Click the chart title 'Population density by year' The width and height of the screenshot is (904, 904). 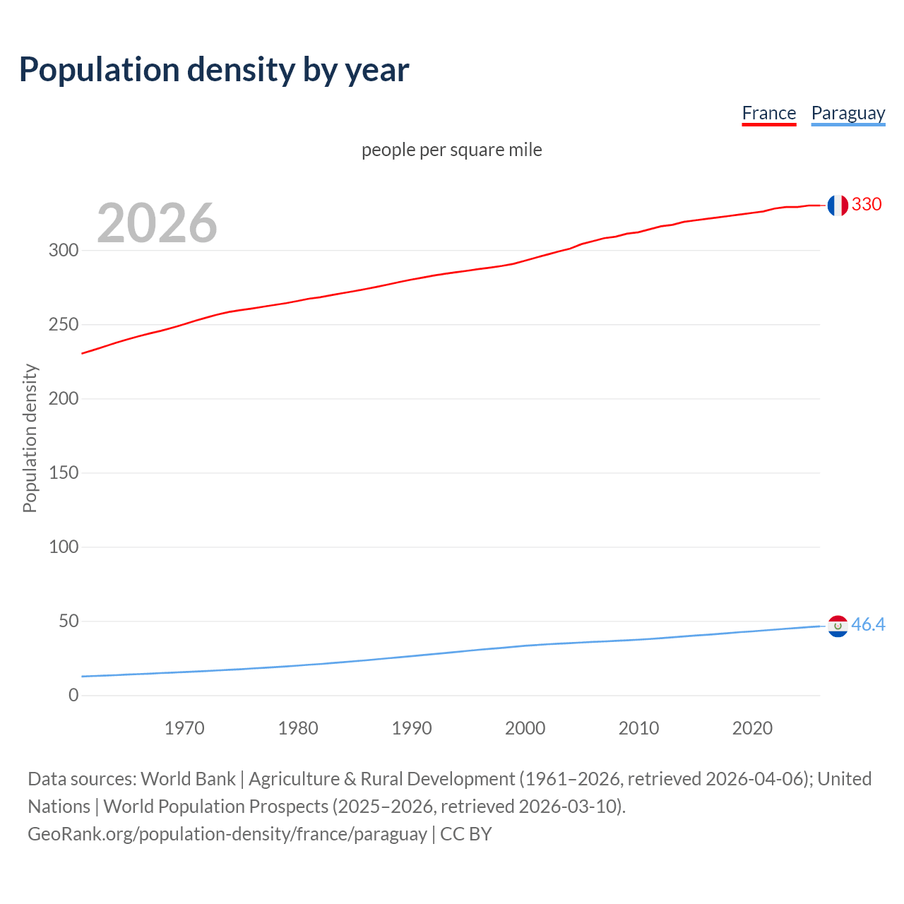tap(214, 69)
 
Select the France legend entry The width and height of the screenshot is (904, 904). tap(768, 113)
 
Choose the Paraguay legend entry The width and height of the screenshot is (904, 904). tap(847, 113)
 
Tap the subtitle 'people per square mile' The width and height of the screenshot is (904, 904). tap(451, 150)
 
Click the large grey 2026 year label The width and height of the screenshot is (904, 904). tap(157, 222)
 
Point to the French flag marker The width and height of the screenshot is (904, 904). tap(838, 205)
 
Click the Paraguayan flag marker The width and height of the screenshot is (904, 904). tap(838, 626)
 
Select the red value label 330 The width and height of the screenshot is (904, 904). tap(867, 204)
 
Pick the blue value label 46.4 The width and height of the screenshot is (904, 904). tap(868, 624)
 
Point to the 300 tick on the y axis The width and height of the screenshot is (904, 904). tap(64, 250)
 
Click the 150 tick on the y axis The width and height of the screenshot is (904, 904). tap(64, 472)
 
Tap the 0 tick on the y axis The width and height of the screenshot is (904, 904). tap(73, 695)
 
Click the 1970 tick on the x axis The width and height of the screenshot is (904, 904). tap(184, 728)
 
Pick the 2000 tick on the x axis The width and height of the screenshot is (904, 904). tap(525, 728)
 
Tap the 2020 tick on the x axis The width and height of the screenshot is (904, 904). tap(752, 728)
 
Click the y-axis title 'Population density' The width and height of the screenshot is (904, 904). tap(30, 438)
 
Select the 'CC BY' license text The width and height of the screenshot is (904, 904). tap(466, 833)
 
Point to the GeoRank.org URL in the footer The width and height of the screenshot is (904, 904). tap(227, 833)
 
